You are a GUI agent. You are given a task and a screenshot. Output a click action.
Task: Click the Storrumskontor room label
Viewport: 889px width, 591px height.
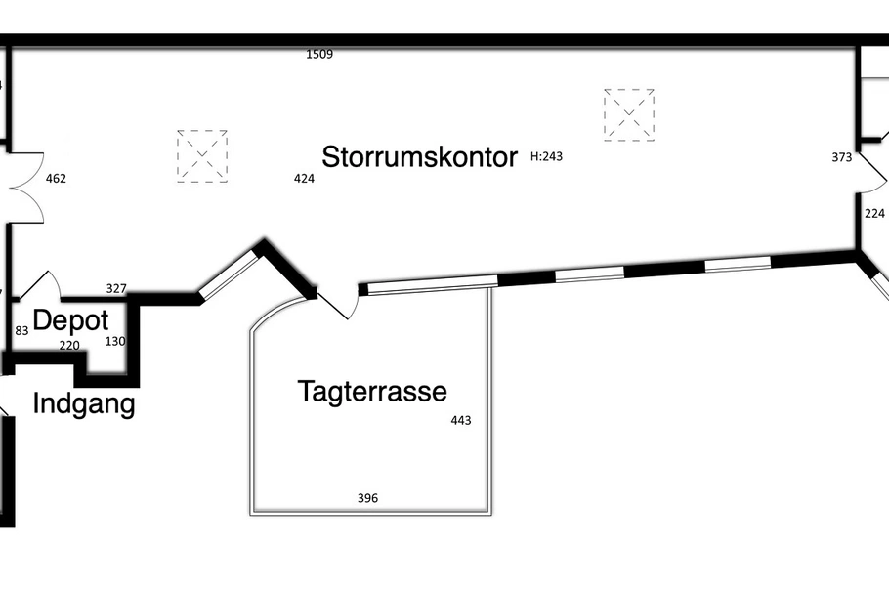pos(419,156)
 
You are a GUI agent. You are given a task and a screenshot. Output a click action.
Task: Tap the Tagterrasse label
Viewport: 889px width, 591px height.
pos(372,392)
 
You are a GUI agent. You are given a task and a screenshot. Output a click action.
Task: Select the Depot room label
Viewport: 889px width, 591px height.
pos(71,321)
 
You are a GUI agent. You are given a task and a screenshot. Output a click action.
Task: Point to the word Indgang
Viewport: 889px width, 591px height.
pos(84,404)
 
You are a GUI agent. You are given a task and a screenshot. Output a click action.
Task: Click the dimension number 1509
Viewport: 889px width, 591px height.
pos(319,55)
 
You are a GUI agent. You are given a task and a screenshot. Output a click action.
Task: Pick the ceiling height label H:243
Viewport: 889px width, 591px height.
pos(546,156)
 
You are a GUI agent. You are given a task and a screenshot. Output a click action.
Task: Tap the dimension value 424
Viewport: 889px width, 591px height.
pos(304,179)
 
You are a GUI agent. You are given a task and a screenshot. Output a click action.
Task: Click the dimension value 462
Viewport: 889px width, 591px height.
pos(56,179)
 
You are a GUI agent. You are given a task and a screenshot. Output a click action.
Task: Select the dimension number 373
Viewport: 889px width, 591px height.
pos(842,157)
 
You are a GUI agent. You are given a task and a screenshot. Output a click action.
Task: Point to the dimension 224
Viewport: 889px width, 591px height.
pos(874,214)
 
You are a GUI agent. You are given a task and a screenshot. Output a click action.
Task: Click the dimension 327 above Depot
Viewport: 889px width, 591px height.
pos(116,289)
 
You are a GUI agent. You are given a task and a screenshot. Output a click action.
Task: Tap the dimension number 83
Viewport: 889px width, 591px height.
pos(21,330)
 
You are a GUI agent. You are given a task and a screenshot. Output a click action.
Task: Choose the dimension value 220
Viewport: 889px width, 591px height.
pos(69,346)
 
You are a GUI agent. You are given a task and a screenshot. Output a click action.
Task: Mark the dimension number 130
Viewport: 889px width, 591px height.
pos(115,342)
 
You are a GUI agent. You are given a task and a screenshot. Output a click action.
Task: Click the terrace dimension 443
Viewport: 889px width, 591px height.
pos(461,420)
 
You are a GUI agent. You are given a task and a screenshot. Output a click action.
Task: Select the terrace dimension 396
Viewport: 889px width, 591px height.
pos(367,498)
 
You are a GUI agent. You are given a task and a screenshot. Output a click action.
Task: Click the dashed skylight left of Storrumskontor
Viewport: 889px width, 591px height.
pos(202,156)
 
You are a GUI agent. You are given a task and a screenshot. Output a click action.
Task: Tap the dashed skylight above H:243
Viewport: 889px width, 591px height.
pos(629,114)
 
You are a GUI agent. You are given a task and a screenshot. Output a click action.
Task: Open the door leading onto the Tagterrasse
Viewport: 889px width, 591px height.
pos(339,304)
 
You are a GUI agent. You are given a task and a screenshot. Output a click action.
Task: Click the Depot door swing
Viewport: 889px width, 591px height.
pos(40,285)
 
